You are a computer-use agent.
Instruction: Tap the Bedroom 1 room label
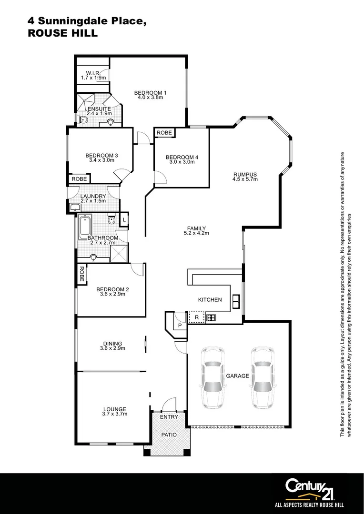click(x=150, y=92)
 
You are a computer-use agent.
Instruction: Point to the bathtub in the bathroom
click(x=85, y=228)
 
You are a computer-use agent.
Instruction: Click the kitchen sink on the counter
click(x=236, y=300)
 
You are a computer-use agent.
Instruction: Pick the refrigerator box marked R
click(x=196, y=317)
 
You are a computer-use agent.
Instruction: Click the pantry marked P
click(x=180, y=325)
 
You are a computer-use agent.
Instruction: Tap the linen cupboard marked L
click(x=124, y=219)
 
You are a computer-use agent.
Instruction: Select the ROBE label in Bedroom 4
click(x=164, y=132)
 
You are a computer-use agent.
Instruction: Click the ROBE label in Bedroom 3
click(x=79, y=179)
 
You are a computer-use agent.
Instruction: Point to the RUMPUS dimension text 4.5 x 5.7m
click(x=245, y=179)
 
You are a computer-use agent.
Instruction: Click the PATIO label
click(x=169, y=435)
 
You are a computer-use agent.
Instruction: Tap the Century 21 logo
click(x=310, y=488)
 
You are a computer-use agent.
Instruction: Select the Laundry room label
click(x=93, y=196)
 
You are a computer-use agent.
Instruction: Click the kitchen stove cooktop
click(x=211, y=317)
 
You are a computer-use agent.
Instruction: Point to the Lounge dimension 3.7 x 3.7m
click(x=115, y=414)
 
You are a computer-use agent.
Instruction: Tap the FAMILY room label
click(x=196, y=228)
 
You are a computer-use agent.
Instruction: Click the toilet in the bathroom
click(x=111, y=220)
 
